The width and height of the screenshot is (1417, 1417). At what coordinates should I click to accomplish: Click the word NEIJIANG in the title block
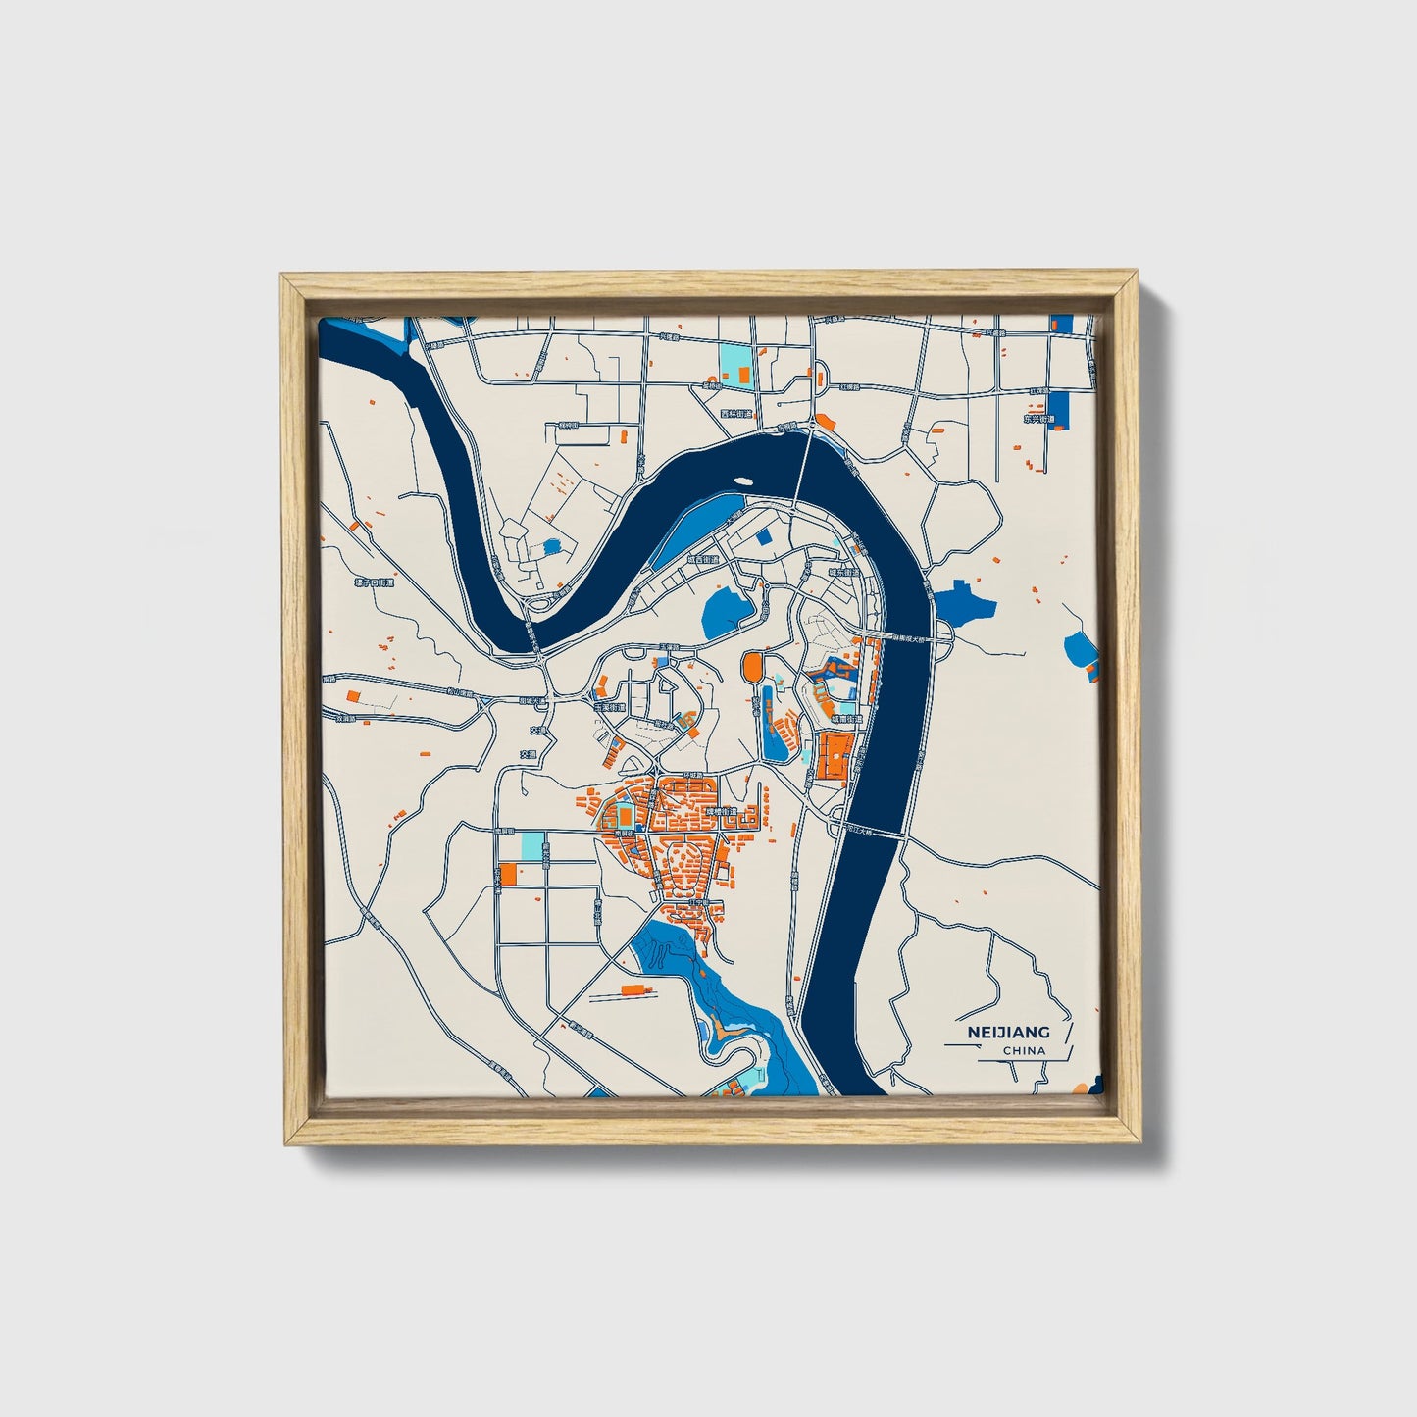click(x=1008, y=1032)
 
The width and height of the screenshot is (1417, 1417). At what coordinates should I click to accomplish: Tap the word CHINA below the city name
click(x=1024, y=1051)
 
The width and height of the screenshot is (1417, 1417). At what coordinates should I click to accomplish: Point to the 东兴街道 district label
click(x=1038, y=419)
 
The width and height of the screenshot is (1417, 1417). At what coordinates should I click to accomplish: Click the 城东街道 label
click(x=842, y=571)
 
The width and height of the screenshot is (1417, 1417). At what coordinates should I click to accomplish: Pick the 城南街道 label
click(x=847, y=719)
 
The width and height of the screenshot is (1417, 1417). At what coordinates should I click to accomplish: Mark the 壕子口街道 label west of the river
click(x=374, y=582)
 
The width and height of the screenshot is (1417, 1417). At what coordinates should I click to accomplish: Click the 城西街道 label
click(x=702, y=560)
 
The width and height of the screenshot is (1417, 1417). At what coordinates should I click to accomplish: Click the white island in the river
click(x=742, y=481)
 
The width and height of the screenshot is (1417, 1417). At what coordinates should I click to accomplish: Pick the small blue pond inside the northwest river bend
click(x=551, y=546)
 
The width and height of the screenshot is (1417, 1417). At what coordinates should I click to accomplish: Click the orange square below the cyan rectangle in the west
click(x=507, y=874)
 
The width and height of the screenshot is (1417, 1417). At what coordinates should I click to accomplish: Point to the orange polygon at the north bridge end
click(x=825, y=422)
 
